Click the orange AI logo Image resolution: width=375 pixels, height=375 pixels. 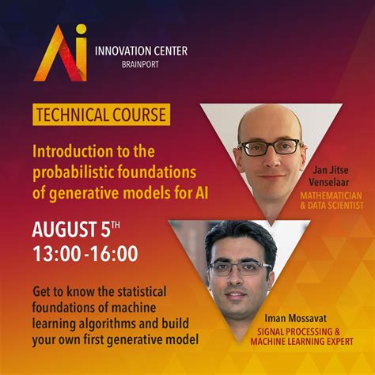coord(61,53)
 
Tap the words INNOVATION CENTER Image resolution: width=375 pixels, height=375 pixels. coord(141,51)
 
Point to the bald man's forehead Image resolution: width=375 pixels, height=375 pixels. coord(269,123)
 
